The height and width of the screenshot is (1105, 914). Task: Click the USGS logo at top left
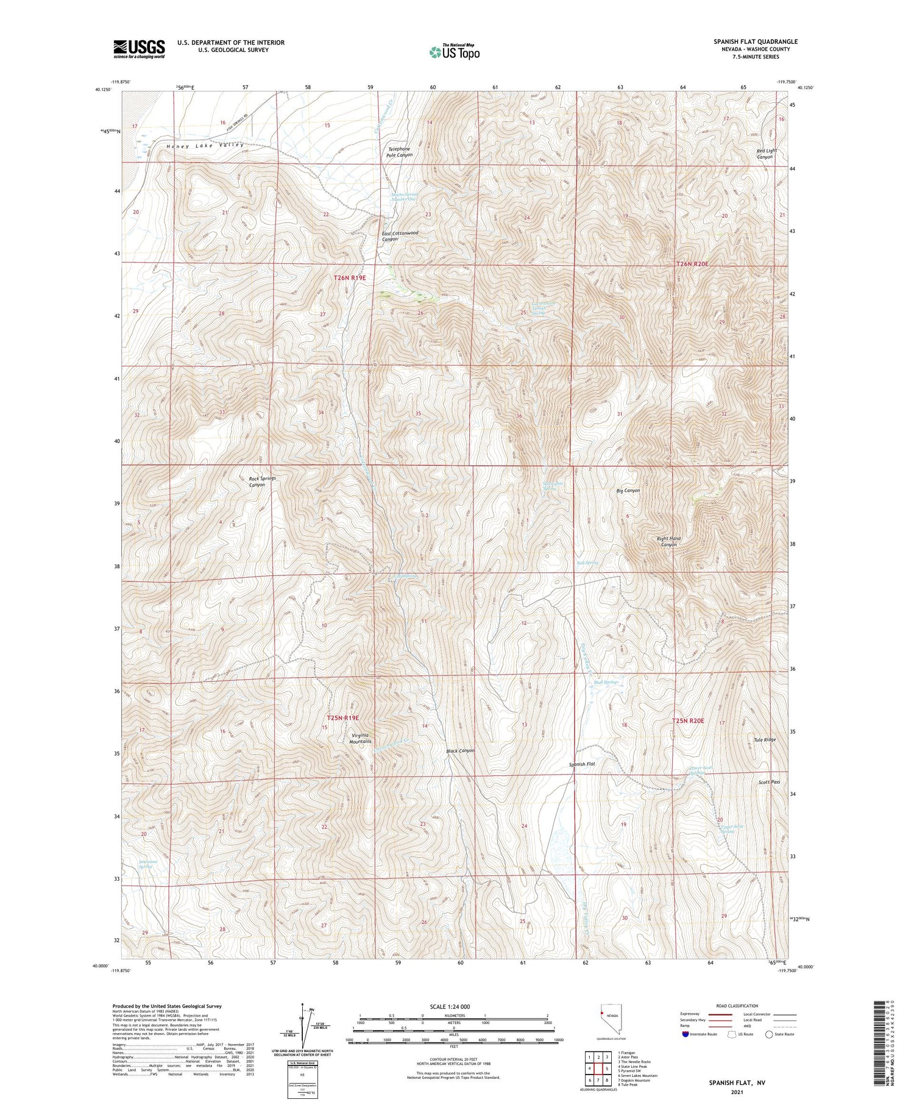point(139,49)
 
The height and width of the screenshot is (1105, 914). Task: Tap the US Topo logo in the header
point(454,52)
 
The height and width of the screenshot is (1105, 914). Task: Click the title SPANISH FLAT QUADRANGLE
point(755,41)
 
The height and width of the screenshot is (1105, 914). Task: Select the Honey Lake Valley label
point(205,146)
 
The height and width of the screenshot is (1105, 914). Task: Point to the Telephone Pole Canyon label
point(399,152)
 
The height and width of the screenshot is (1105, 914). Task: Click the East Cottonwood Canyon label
point(400,236)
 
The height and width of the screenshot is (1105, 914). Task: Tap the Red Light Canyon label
point(764,154)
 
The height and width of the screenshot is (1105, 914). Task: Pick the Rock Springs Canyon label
point(262,481)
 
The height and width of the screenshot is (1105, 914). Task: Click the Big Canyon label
point(628,490)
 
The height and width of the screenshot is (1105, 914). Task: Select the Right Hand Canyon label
point(668,541)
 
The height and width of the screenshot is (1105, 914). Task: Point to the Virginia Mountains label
point(360,738)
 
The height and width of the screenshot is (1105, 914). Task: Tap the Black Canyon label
point(459,751)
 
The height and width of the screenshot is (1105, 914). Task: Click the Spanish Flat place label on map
point(582,764)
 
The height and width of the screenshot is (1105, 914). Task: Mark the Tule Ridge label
point(765,739)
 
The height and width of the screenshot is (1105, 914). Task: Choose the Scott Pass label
point(769,782)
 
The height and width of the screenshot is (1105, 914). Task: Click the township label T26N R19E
point(350,277)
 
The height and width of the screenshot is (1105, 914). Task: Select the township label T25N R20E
point(688,721)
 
